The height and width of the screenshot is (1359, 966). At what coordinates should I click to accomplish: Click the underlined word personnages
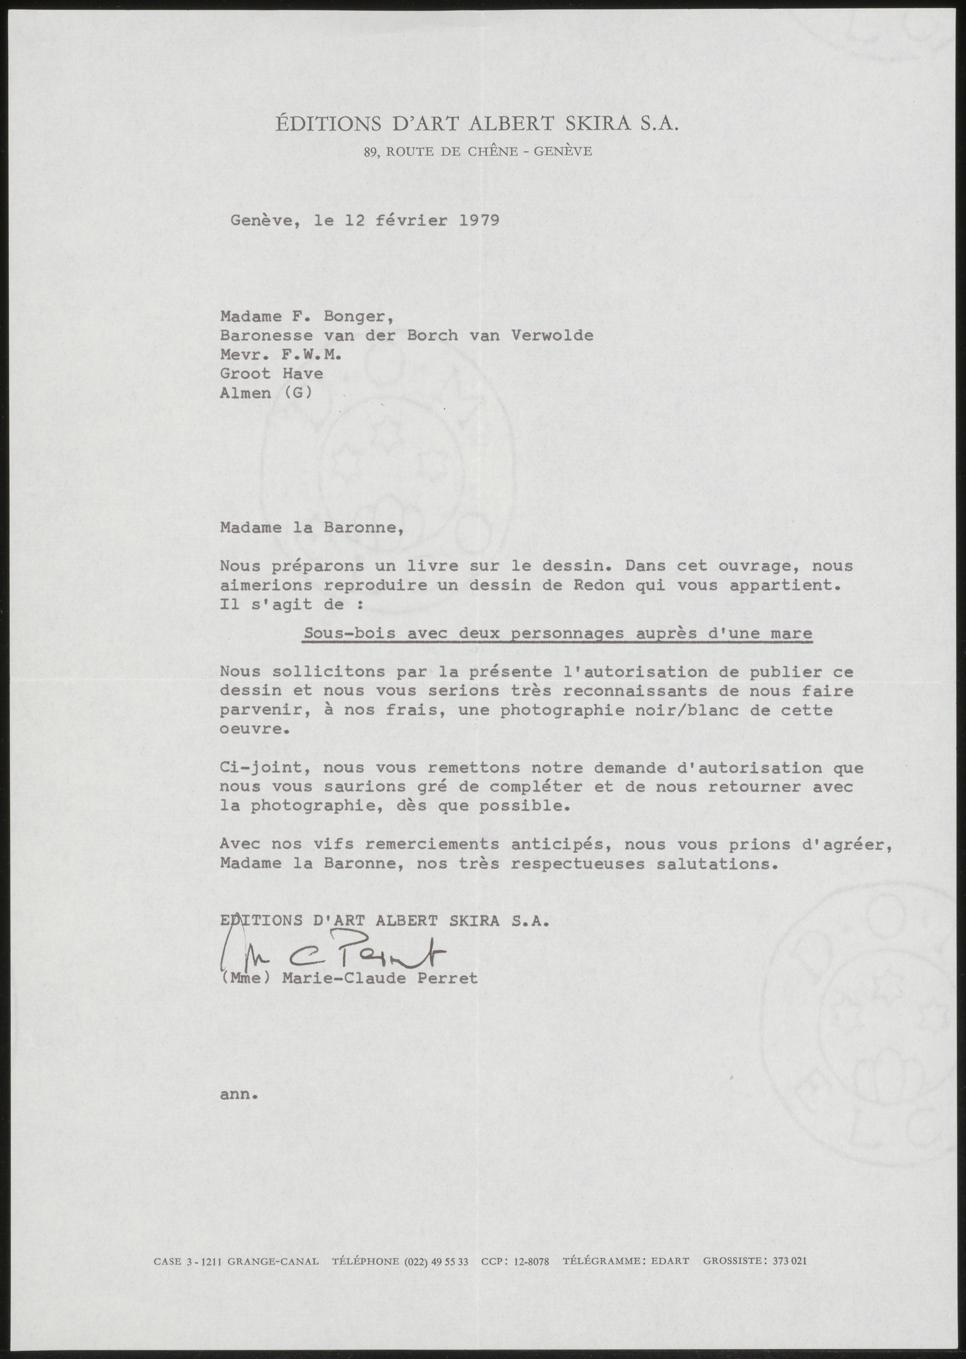click(x=567, y=633)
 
